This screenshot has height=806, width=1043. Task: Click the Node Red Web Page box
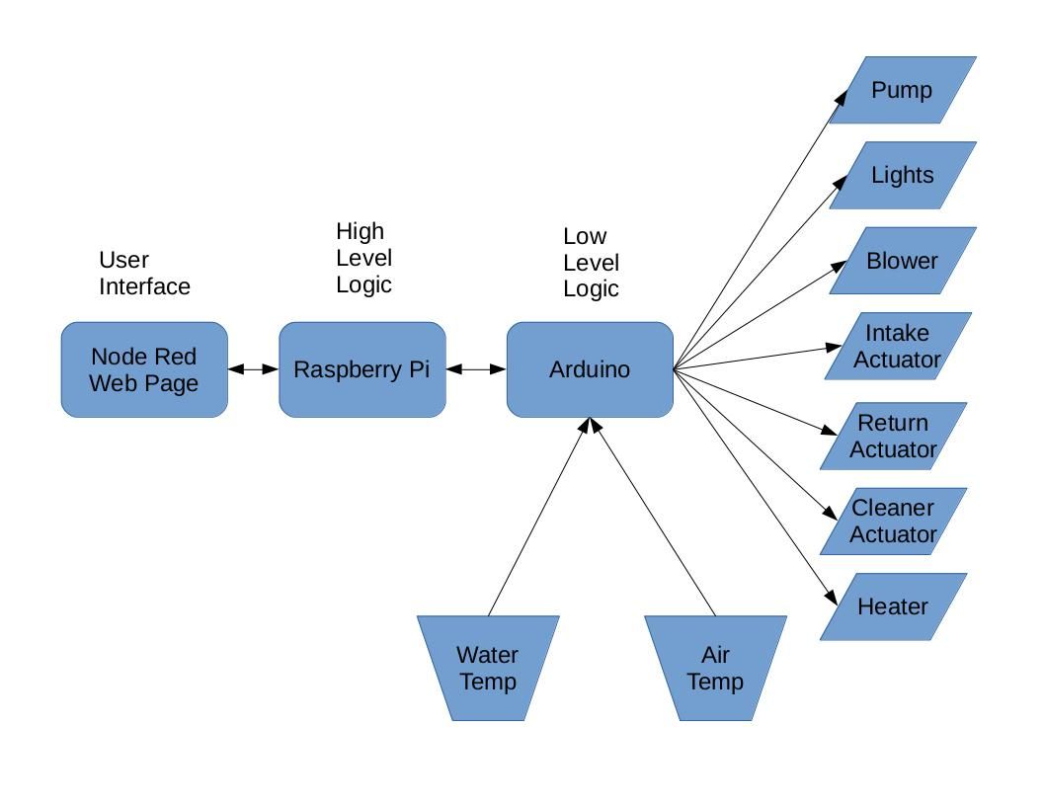pos(144,369)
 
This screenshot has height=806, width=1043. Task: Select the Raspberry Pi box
pos(362,369)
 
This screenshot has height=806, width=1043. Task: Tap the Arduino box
pos(590,369)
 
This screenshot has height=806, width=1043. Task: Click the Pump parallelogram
pos(902,90)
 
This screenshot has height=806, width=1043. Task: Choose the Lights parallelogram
pos(902,175)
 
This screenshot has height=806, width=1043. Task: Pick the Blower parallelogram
pos(902,261)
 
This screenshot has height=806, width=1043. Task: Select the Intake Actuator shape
pos(898,346)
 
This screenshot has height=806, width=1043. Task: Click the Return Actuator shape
pos(894,436)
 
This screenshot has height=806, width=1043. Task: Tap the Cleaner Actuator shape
pos(893,521)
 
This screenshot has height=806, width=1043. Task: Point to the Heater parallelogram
pos(893,606)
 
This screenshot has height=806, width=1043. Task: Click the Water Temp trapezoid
pos(488,668)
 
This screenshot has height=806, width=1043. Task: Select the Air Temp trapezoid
pos(715,668)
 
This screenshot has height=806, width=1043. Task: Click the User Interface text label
pos(144,274)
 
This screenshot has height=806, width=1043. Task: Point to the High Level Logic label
pos(363,258)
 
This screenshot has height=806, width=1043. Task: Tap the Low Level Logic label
pos(591,263)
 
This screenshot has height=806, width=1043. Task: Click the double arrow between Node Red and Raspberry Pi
pos(254,369)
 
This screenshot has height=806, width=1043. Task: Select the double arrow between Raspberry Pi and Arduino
pos(476,369)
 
